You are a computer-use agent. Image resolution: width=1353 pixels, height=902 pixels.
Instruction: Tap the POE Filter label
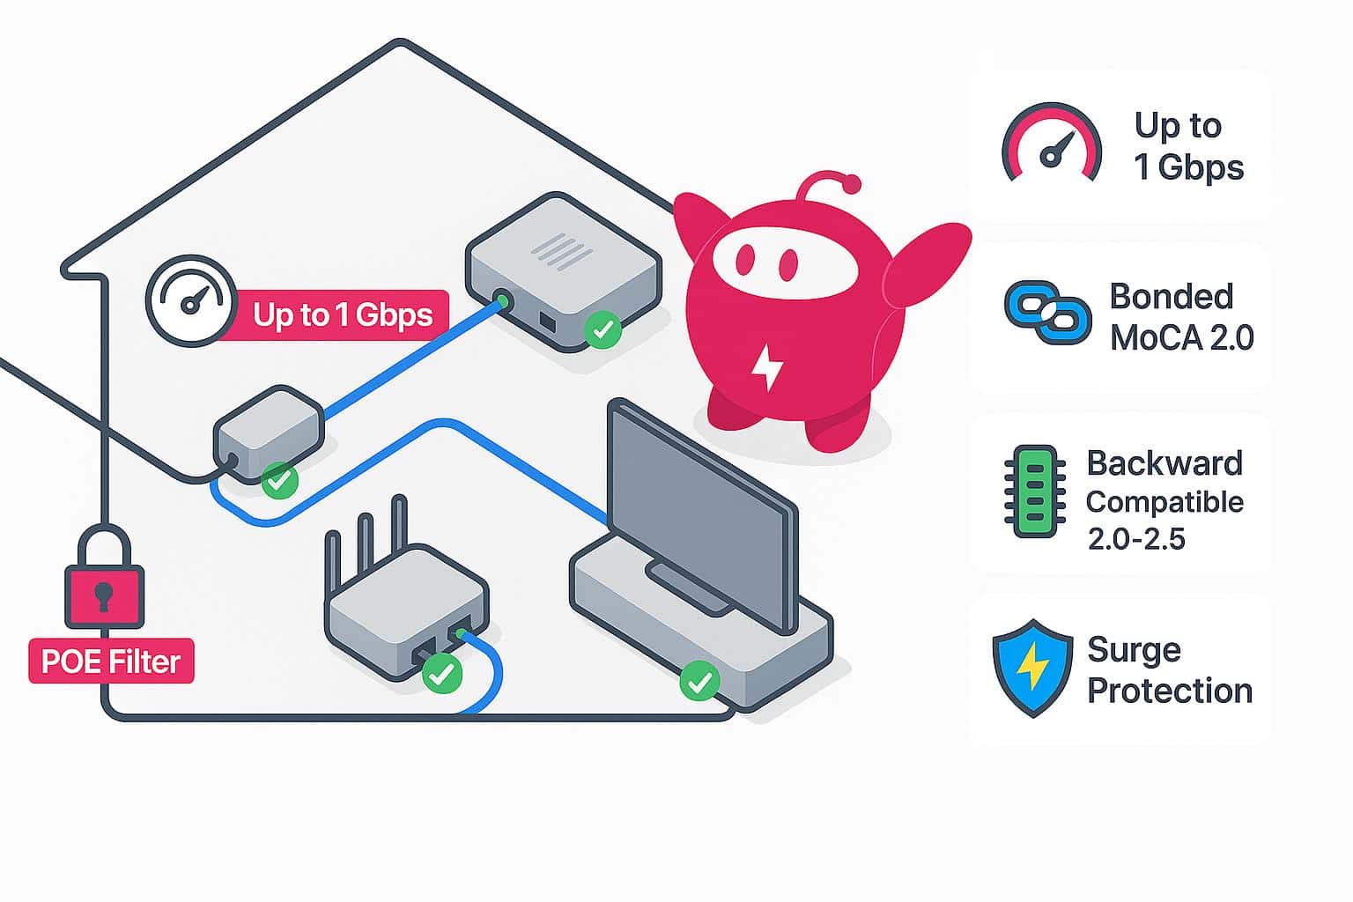click(x=111, y=662)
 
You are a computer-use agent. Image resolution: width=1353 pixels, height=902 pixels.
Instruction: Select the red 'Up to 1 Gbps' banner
click(x=342, y=314)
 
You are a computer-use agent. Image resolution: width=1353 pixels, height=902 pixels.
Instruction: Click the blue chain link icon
click(x=1047, y=312)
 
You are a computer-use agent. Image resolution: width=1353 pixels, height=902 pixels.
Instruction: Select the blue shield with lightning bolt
click(x=1032, y=668)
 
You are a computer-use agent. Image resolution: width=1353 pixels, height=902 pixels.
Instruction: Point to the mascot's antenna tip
click(x=851, y=184)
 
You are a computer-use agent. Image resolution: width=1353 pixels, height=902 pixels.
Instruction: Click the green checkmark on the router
click(x=441, y=674)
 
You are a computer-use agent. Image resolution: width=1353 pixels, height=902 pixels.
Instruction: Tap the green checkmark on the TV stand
click(x=699, y=681)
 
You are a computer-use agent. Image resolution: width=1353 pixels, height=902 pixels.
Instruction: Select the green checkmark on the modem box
click(x=603, y=330)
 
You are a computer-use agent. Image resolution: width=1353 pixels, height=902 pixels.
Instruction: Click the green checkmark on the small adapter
click(x=280, y=481)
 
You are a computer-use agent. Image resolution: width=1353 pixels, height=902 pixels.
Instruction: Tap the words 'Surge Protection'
click(x=1169, y=670)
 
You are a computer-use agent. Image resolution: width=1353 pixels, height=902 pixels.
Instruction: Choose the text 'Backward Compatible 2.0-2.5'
click(x=1164, y=499)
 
